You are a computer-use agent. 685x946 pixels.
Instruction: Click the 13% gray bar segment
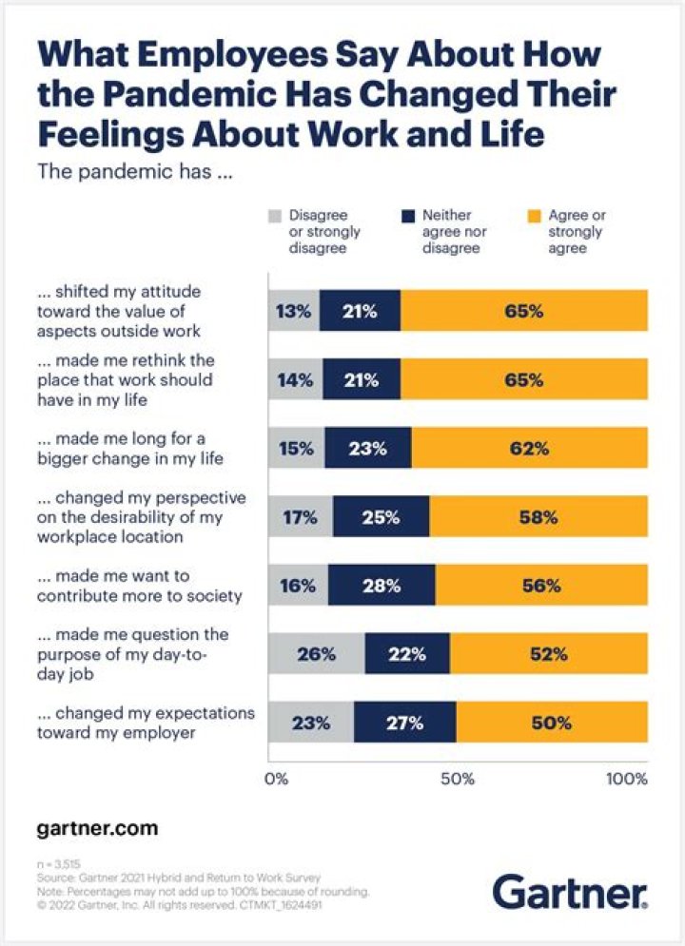click(x=294, y=310)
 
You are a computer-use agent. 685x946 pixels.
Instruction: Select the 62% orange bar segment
click(x=529, y=449)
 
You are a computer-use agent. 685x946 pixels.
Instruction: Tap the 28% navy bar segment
click(x=382, y=586)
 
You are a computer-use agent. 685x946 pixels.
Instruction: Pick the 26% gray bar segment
click(x=317, y=654)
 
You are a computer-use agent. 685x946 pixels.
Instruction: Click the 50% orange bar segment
click(x=551, y=723)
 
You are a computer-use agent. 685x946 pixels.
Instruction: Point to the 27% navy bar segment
click(x=405, y=723)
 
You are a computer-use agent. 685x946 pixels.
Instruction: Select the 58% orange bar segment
click(x=538, y=517)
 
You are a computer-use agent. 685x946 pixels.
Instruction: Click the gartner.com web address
click(x=97, y=828)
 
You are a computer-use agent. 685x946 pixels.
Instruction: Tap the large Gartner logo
click(x=570, y=894)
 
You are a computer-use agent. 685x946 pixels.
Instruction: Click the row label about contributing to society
click(x=140, y=586)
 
